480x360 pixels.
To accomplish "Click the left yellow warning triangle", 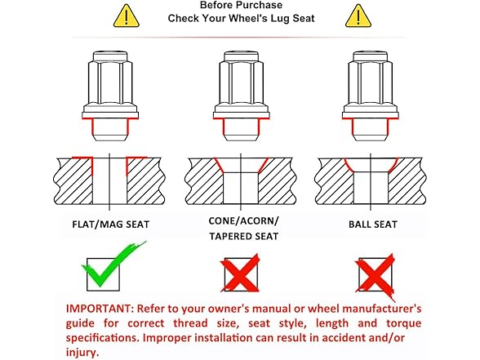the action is pos(127,16).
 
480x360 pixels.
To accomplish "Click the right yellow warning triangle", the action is pos(358,16).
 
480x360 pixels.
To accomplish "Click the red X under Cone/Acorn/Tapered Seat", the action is pos(240,273).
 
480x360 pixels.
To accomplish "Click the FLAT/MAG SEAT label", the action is pos(110,224).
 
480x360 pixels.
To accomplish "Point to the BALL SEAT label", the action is pos(372,224).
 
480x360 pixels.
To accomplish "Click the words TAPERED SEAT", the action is pos(244,237).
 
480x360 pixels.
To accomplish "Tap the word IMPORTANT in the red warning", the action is pos(100,309).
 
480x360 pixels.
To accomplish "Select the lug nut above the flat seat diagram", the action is pos(110,96).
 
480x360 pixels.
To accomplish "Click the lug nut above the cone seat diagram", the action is pos(242,96).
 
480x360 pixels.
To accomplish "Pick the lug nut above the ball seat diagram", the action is pos(371,96).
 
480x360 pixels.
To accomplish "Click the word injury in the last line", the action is pos(82,353).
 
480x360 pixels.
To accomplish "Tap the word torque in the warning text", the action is pos(403,323).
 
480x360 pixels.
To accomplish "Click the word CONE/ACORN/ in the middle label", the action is pos(244,220).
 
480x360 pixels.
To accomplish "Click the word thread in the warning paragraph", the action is pos(190,323).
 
